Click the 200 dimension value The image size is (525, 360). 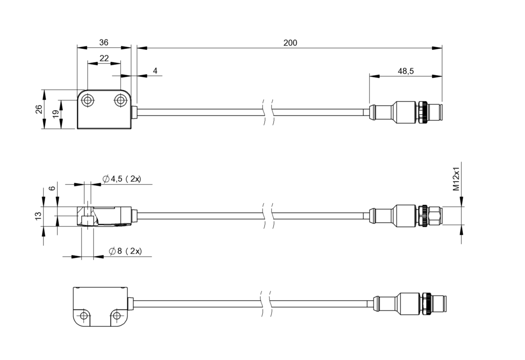(x=290, y=43)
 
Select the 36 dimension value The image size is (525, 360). (x=103, y=42)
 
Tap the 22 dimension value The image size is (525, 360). (x=104, y=58)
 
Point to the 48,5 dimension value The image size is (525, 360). (x=406, y=71)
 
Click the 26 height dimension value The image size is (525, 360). (x=38, y=109)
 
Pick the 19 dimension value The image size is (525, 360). (x=56, y=114)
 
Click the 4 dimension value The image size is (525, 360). (x=155, y=71)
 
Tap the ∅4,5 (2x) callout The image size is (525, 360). (x=122, y=179)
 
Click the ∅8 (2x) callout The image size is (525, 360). (x=125, y=251)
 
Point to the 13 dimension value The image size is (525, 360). (x=38, y=216)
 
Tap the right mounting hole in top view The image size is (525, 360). (x=121, y=100)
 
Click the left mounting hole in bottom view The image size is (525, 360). (x=84, y=315)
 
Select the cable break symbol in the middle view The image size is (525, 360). (x=267, y=216)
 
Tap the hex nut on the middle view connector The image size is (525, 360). (x=434, y=216)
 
